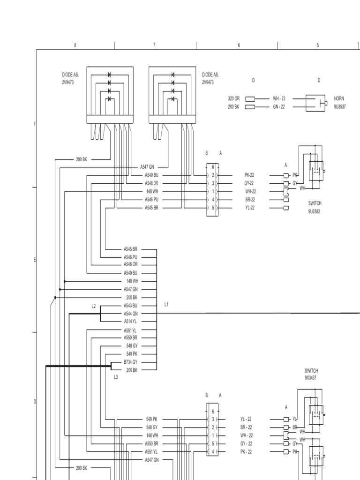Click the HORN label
tap(338, 99)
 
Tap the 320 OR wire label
tap(233, 99)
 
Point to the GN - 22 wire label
tap(279, 107)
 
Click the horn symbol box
tap(316, 103)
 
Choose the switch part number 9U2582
tap(315, 211)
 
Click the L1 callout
tap(166, 305)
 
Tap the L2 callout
tap(94, 306)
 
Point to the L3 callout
tap(116, 377)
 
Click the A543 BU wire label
tap(130, 306)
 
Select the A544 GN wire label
tap(130, 314)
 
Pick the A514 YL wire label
tap(130, 322)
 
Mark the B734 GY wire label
tap(130, 362)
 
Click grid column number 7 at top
tap(154, 45)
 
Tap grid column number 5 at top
tap(318, 45)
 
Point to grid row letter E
tap(34, 260)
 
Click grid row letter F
tap(34, 124)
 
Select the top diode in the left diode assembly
tap(109, 75)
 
